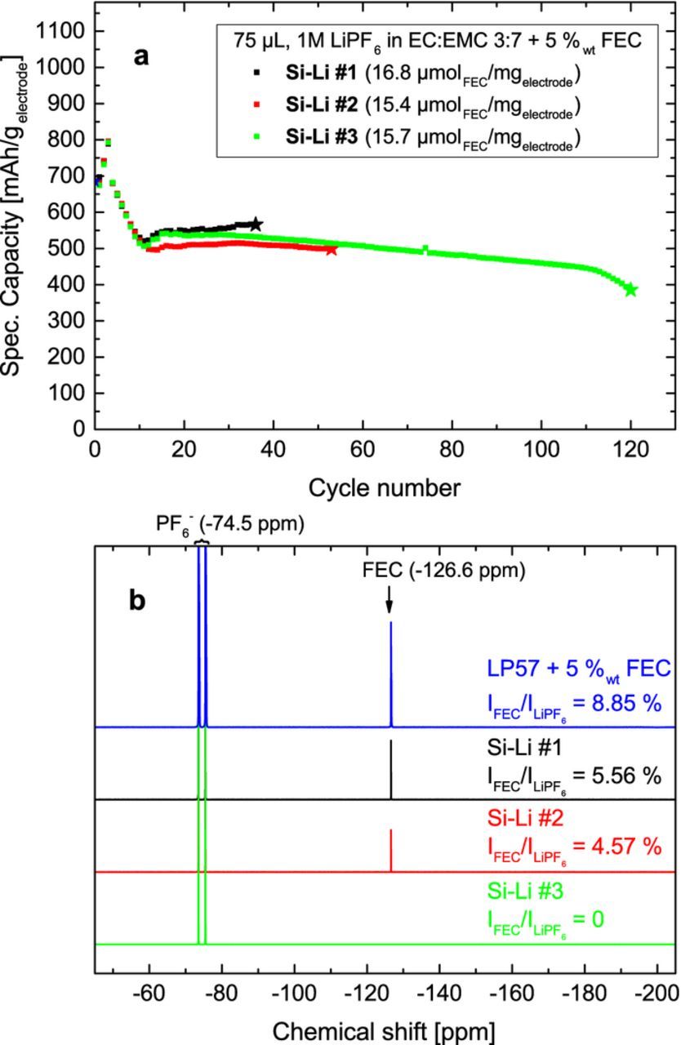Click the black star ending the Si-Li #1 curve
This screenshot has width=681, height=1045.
[x=256, y=225]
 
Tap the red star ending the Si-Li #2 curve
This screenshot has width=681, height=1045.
[x=332, y=249]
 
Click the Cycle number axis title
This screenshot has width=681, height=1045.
[x=384, y=488]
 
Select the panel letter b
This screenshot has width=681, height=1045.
[x=138, y=600]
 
